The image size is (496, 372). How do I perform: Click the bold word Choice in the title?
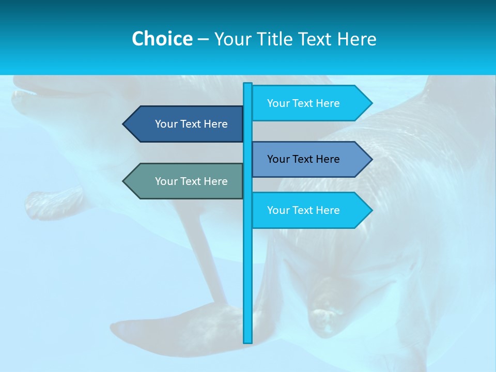pos(162,39)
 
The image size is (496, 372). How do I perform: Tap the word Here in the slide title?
pos(357,39)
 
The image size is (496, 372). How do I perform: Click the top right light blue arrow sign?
pos(310,103)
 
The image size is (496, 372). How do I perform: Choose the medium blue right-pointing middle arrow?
pos(310,159)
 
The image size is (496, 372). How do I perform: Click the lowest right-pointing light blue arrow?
pos(310,210)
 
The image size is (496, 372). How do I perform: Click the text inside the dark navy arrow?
pos(191,124)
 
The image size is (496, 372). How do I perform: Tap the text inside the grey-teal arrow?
pos(191,181)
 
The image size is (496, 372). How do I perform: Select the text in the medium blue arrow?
pos(303,159)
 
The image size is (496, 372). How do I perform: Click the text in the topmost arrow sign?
pos(303,103)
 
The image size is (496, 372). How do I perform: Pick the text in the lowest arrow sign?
pos(303,210)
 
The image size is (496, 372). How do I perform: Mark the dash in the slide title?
pos(203,39)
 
